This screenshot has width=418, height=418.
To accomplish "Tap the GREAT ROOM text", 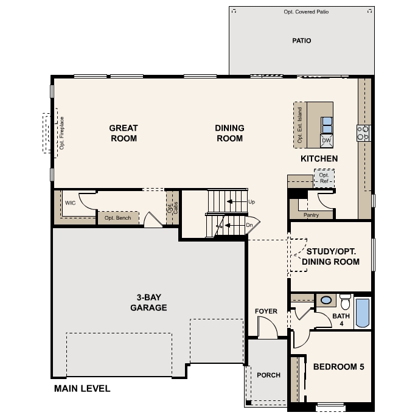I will point(124,133).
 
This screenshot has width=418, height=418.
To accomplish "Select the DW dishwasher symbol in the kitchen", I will point(327,141).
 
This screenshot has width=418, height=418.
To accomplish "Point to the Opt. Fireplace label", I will point(61,133).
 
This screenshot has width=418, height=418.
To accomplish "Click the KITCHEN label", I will point(319,159).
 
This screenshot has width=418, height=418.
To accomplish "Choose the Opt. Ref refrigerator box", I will point(323,178).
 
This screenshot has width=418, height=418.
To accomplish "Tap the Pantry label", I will point(311,215).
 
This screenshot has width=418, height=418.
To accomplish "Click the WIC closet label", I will point(70,203).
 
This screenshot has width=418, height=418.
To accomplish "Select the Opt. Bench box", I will point(117,218).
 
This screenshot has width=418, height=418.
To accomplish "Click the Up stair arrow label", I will point(251,201).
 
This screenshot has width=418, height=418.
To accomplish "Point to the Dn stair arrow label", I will point(249,225).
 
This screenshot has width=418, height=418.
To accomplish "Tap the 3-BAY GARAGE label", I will point(148,303).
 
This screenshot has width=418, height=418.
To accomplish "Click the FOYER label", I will point(266,312).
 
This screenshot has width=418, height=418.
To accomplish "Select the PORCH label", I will point(268,375).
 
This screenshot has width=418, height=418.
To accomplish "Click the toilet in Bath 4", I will point(346,302).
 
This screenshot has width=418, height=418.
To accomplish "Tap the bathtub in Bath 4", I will point(362,312).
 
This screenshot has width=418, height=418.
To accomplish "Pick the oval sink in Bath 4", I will point(326,300).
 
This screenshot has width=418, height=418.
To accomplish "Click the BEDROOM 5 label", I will point(338,367).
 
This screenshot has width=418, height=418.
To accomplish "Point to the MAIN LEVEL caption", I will point(82,388).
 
